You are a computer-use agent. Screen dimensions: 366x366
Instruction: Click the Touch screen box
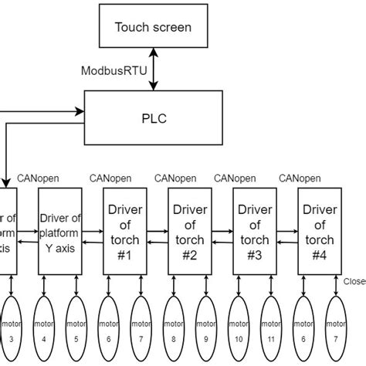coord(153,28)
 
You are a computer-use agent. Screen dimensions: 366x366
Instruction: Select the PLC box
coord(152,120)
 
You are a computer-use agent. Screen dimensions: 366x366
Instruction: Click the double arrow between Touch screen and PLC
coord(153,71)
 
